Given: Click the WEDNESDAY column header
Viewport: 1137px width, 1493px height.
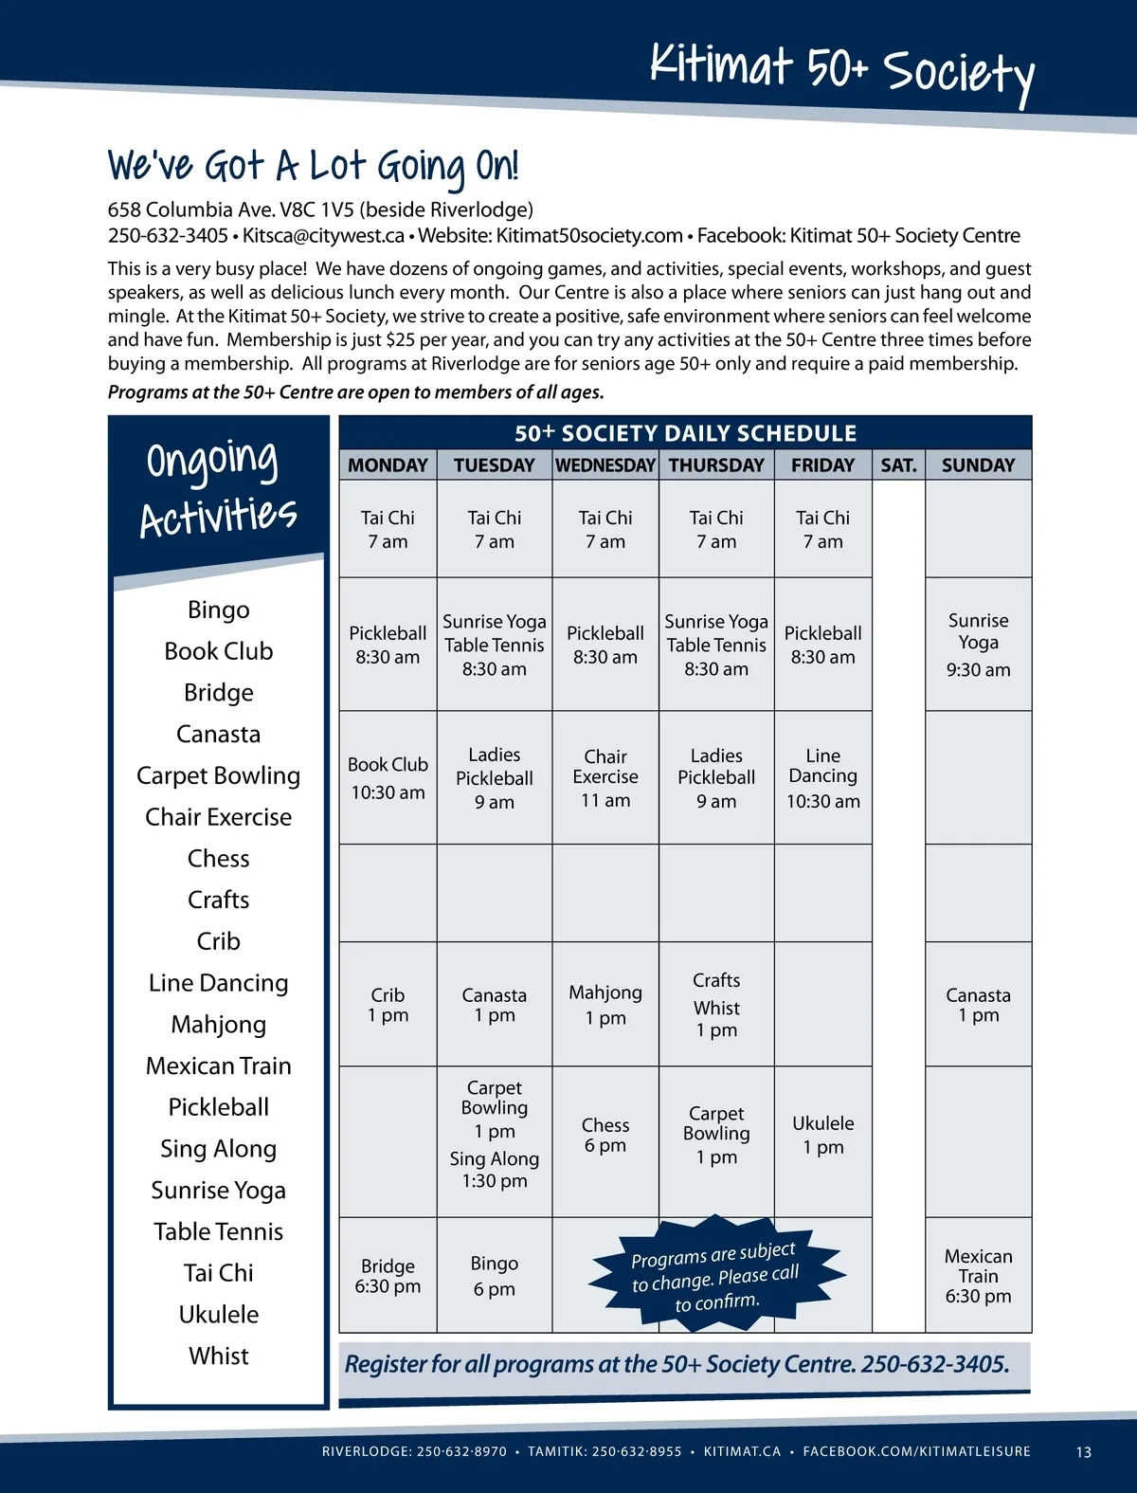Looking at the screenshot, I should coord(605,465).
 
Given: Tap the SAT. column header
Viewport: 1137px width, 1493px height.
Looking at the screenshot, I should coord(898,465).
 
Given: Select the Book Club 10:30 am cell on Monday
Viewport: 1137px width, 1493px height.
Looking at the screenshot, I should coord(388,777).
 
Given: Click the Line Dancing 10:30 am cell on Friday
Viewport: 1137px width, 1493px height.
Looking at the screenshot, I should coord(822,777).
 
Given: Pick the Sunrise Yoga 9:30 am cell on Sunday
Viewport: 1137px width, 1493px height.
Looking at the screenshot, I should coord(978,645).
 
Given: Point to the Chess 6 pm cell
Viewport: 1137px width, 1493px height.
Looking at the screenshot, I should coord(605,1136).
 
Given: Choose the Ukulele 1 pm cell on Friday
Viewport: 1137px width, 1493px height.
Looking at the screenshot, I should coord(822,1135).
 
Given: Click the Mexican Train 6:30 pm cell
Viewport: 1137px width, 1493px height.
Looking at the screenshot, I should coord(978,1275).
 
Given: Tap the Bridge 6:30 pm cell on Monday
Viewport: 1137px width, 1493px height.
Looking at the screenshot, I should coord(388,1275).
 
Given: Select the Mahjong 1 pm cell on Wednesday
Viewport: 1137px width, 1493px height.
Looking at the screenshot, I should coord(605,1005).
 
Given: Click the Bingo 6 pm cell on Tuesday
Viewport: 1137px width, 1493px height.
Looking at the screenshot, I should coord(495,1275).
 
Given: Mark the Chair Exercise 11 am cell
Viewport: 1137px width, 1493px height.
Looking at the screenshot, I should coord(605,777).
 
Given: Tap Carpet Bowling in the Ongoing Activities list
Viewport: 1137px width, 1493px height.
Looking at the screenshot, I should coord(218,775).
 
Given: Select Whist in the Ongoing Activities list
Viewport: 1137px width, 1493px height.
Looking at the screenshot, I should coord(218,1356).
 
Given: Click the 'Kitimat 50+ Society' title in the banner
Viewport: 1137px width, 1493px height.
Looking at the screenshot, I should coord(841,69).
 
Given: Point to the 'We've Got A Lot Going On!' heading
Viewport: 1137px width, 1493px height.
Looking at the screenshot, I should coord(313,167).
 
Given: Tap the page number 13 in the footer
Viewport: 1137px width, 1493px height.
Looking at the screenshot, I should coord(1084,1451).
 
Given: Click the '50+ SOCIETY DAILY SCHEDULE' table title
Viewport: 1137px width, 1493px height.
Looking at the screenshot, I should coord(685,433).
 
